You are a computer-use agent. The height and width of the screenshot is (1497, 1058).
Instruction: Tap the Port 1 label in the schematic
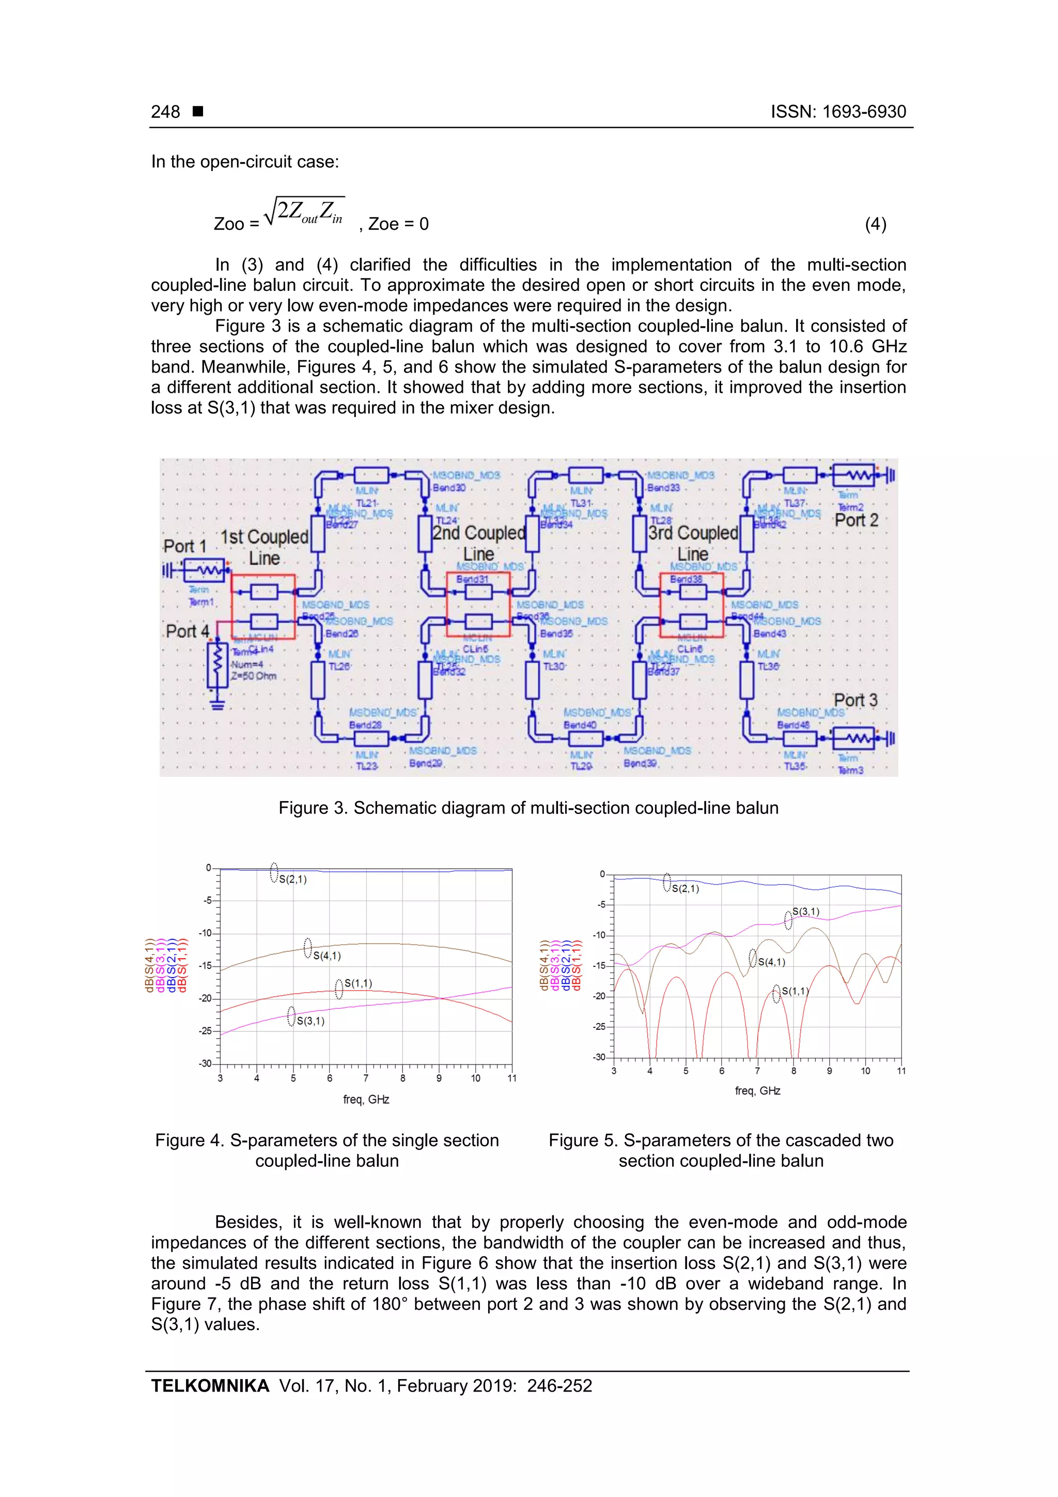click(184, 546)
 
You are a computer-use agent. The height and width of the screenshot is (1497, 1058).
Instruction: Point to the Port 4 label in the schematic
click(187, 631)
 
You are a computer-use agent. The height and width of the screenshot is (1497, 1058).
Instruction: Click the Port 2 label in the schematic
click(856, 520)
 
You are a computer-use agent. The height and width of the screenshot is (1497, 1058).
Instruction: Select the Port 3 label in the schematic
click(855, 700)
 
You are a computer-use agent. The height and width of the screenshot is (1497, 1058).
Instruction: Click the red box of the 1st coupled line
click(263, 606)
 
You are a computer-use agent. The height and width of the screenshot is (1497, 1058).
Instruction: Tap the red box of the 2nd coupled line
click(478, 604)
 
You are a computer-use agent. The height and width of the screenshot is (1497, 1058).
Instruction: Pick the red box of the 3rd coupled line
click(692, 605)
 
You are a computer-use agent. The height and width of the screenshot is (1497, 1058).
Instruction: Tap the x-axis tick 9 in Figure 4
click(439, 1078)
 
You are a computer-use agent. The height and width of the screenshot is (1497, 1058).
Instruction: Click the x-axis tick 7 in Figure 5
click(757, 1071)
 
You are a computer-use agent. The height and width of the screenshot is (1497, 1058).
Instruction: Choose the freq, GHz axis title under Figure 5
click(757, 1091)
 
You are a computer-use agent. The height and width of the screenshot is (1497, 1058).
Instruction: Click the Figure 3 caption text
click(528, 808)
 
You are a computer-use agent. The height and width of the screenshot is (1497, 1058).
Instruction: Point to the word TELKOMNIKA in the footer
click(210, 1385)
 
